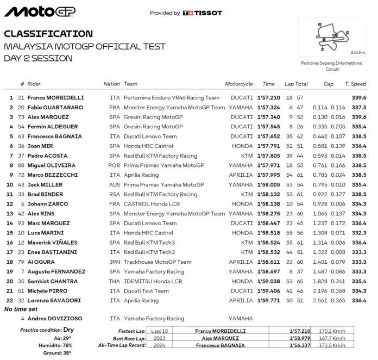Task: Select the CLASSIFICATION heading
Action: (x=48, y=34)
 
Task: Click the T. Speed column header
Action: (x=355, y=84)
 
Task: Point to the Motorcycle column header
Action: (x=239, y=84)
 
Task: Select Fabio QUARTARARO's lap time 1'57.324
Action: (x=268, y=108)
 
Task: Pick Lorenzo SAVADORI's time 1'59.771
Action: (x=268, y=300)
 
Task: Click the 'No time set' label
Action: (x=22, y=309)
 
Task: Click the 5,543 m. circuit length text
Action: (x=359, y=52)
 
